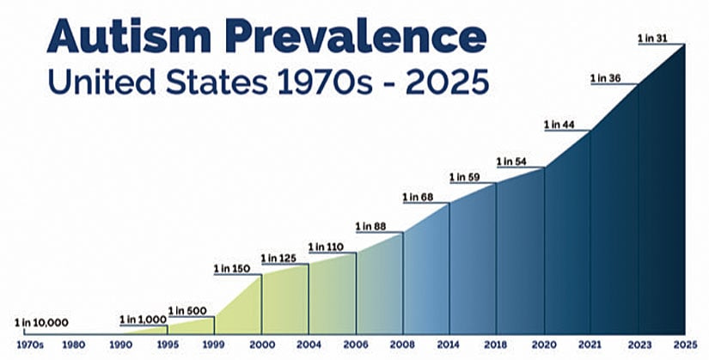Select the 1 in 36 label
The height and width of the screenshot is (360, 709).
[x=606, y=79]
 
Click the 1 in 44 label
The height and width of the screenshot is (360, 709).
[x=559, y=125]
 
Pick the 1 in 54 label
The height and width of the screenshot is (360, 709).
[x=512, y=162]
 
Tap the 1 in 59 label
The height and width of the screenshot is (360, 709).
[x=465, y=178]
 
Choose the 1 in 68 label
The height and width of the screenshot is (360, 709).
[x=418, y=198]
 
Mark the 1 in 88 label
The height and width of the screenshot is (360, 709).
[x=370, y=227]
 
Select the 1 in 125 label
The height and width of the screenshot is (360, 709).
[x=278, y=258]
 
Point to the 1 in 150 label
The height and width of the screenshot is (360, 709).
[x=231, y=269]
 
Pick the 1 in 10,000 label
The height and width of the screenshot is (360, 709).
[x=41, y=323]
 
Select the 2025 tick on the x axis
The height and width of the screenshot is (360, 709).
[x=685, y=347]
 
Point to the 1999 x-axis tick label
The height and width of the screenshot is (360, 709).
[x=214, y=347]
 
